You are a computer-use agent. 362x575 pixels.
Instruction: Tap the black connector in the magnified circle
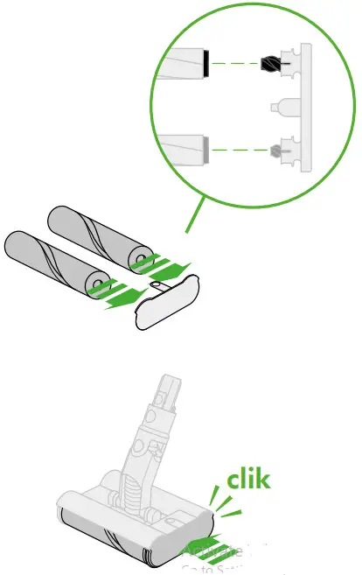coord(271,63)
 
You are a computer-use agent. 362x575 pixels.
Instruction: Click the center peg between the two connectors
coord(280,107)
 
